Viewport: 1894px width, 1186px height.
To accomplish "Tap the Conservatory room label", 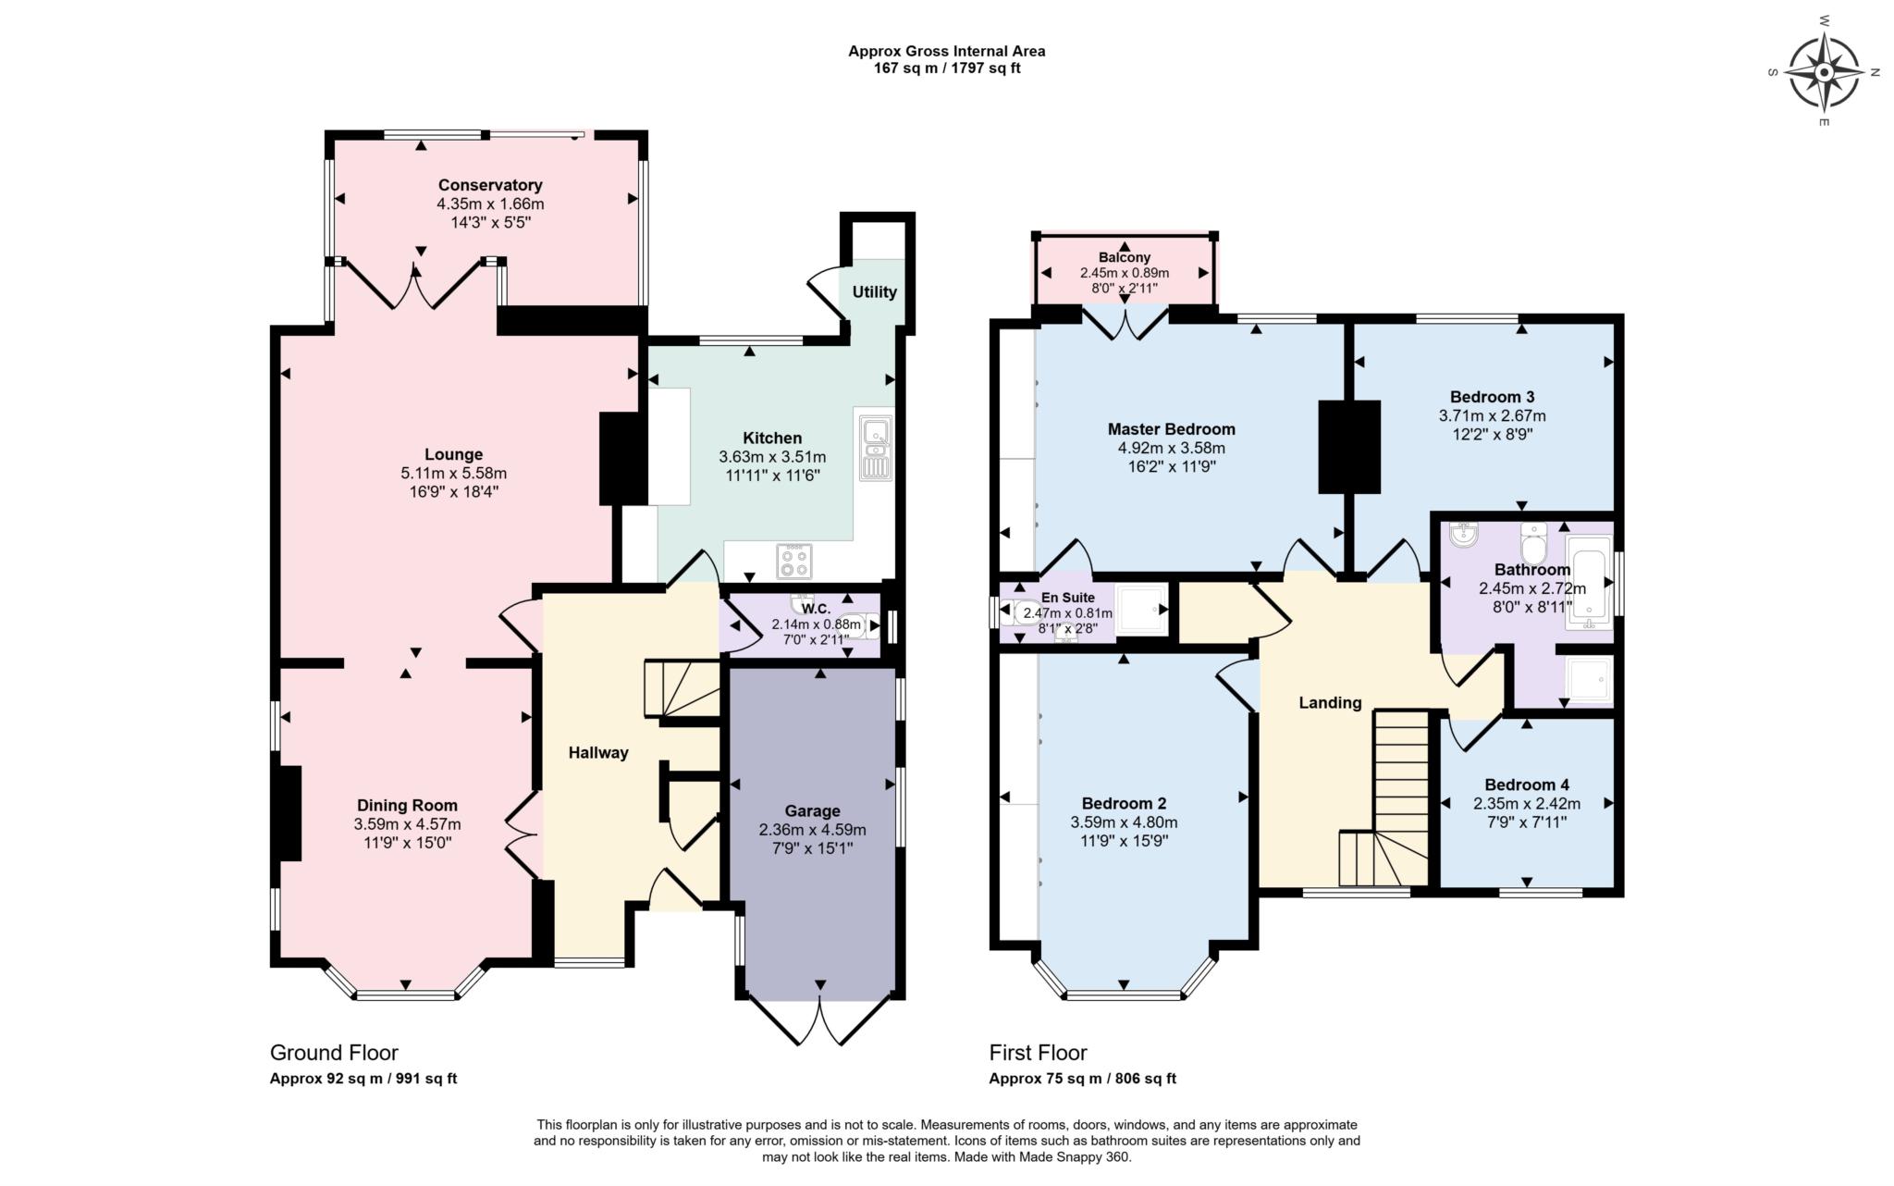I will (490, 185).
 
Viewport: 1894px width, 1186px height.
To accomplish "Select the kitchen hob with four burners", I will (794, 561).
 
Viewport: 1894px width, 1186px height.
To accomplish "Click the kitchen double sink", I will (874, 449).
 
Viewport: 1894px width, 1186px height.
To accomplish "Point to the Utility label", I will (874, 292).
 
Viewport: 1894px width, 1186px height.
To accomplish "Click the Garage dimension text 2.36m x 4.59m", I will (812, 829).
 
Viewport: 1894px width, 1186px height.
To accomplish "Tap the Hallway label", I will (598, 753).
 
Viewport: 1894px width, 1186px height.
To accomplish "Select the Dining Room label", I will (407, 806).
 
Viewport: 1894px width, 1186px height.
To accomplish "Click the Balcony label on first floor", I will (1125, 257).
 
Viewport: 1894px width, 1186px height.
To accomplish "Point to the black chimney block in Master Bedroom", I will (1348, 447).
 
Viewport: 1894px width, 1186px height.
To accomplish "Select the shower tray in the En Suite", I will (1142, 610).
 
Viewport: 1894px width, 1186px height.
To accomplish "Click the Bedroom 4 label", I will (1527, 784).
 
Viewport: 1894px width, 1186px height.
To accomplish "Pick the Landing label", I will (1330, 703).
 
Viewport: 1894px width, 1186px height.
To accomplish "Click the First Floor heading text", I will (1038, 1053).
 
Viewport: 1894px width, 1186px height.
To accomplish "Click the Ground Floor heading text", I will (334, 1053).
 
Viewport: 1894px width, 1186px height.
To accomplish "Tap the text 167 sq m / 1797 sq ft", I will (946, 68).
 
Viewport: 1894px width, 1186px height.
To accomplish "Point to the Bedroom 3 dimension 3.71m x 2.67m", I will (1492, 415).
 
